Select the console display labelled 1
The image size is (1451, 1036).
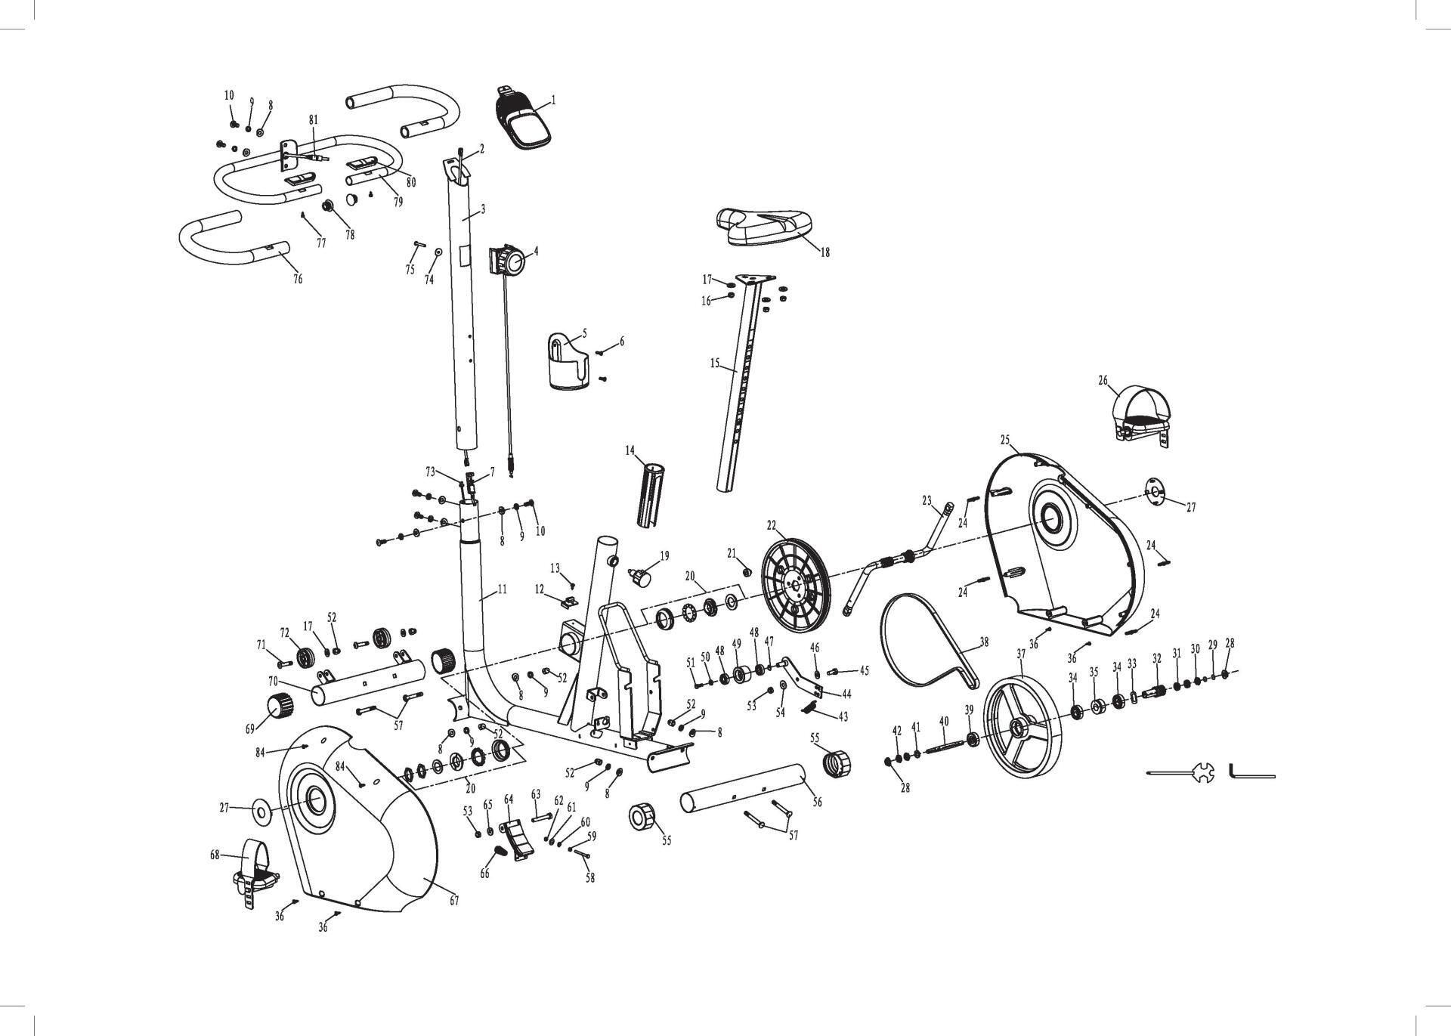(524, 121)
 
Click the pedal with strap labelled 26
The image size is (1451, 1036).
(1138, 416)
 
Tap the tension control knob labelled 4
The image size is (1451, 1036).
(510, 262)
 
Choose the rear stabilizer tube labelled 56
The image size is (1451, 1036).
(744, 790)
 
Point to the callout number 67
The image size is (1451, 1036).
(454, 901)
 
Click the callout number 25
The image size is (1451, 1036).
(1005, 439)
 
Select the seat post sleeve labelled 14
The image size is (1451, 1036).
(652, 495)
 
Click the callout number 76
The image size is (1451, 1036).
(298, 279)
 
